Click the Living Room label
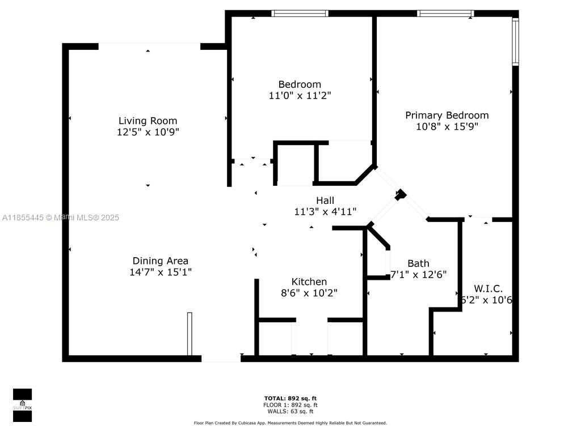(x=148, y=121)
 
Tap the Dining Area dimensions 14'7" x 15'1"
(x=161, y=272)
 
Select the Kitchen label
(x=309, y=282)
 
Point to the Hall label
(x=325, y=200)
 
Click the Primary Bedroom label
(x=447, y=115)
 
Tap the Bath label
(x=418, y=263)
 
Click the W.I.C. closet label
(x=488, y=288)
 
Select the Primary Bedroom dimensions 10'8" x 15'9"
(x=447, y=127)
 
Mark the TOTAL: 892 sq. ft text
(x=290, y=398)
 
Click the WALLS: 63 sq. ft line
(x=290, y=412)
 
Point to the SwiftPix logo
(x=22, y=405)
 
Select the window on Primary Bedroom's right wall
(x=515, y=42)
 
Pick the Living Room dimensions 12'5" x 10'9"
(x=148, y=132)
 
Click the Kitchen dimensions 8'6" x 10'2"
(x=309, y=293)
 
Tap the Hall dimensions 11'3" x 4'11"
(x=325, y=212)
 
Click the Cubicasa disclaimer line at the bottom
(x=290, y=423)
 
